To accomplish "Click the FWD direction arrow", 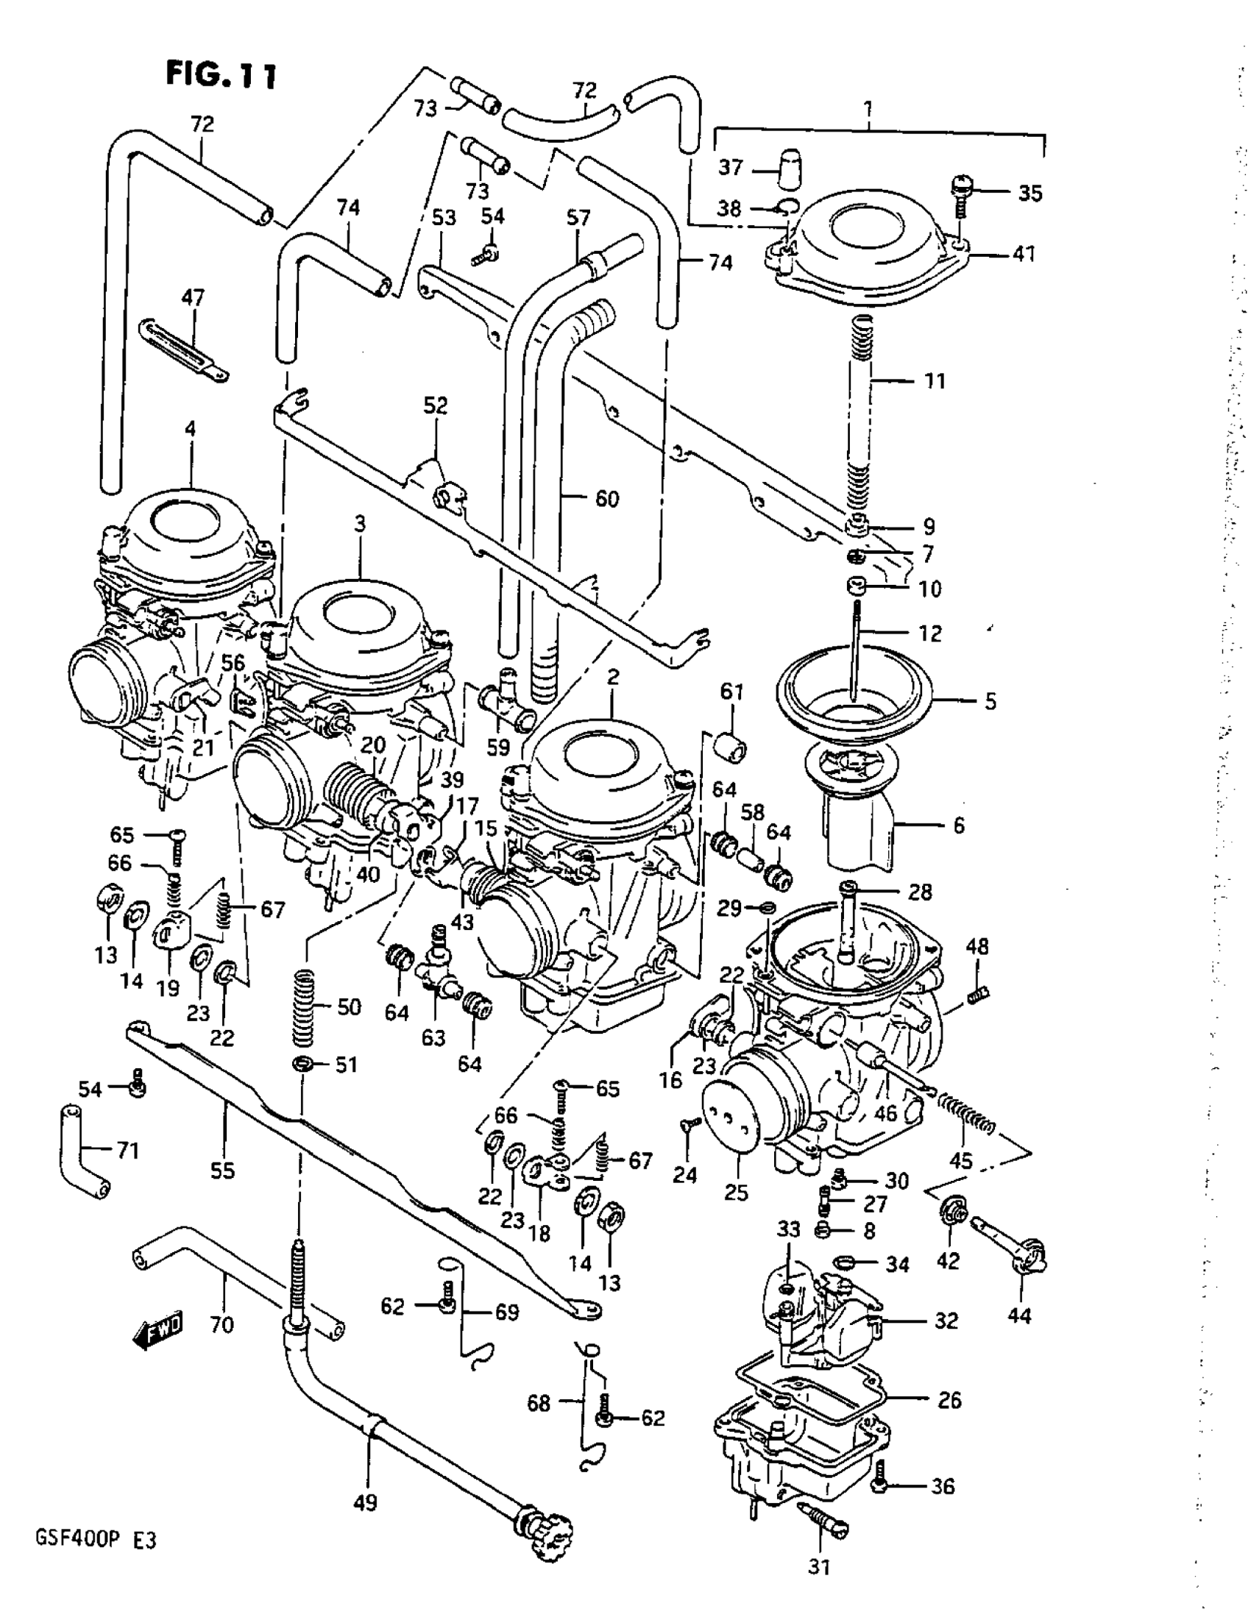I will point(157,1331).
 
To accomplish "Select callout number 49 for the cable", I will point(365,1502).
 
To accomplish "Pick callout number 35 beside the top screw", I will point(1029,193).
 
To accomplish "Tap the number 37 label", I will point(731,168).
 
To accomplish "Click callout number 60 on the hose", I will point(606,499).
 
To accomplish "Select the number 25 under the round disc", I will point(736,1193).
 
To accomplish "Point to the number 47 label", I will point(193,298).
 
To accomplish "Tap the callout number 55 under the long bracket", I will point(222,1171).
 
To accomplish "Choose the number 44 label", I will point(1019,1315).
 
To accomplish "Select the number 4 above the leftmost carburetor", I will point(191,429).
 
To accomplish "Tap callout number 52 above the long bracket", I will point(436,406).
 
